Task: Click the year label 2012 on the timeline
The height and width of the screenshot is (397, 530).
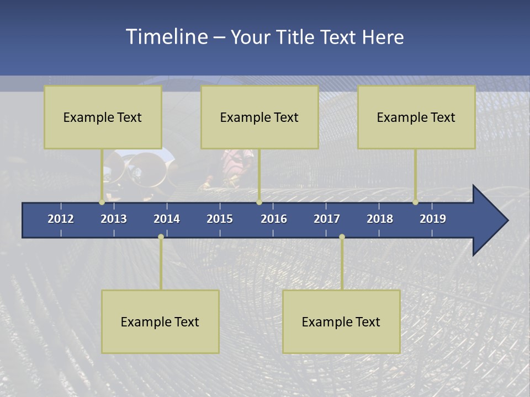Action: pos(61,219)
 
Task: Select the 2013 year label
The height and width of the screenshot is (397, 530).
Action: pos(114,219)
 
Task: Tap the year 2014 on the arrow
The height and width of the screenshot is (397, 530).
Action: pos(167,219)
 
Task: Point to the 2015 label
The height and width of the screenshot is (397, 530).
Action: pos(220,219)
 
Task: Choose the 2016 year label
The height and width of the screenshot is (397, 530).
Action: pos(274,219)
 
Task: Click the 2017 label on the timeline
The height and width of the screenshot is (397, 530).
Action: pos(327,219)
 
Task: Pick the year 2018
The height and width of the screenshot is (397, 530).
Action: pos(380,219)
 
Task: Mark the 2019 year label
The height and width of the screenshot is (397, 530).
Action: pos(433,219)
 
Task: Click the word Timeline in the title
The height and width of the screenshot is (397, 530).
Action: pos(166,37)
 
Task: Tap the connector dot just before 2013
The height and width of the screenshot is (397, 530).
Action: pos(102,202)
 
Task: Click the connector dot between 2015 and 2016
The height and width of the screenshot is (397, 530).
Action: pos(259,202)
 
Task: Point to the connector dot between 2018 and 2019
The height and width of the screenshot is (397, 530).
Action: pos(416,202)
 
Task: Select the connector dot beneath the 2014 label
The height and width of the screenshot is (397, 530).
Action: pos(161,237)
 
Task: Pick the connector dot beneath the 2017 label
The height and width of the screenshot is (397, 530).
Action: pos(342,237)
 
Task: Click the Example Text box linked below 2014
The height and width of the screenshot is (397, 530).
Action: pos(160,321)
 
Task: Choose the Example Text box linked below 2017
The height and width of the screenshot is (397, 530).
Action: pos(341,321)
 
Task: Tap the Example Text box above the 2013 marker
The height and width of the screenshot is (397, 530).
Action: pos(103,117)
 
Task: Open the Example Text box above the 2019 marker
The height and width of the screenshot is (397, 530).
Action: pos(416,117)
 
